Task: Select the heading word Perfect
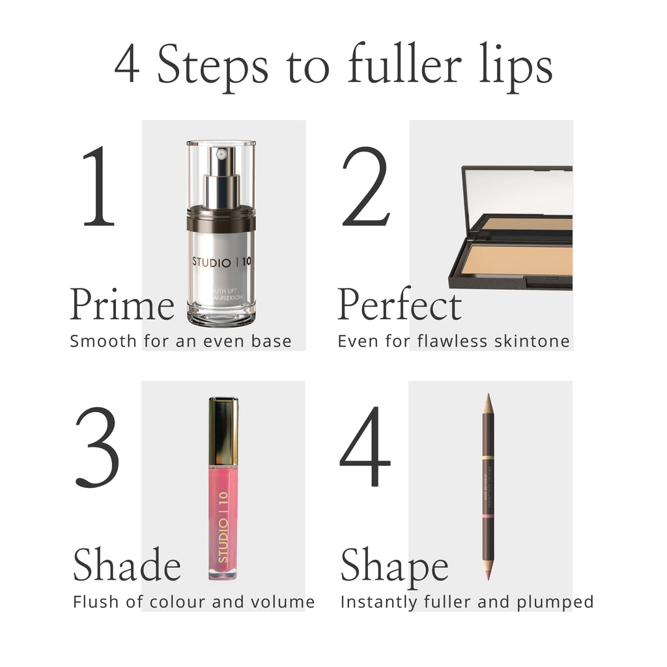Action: click(399, 305)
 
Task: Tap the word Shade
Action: click(126, 565)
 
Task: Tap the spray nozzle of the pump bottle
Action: click(221, 155)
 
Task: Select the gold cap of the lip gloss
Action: click(223, 430)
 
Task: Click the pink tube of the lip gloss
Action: click(223, 521)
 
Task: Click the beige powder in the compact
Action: click(521, 259)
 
